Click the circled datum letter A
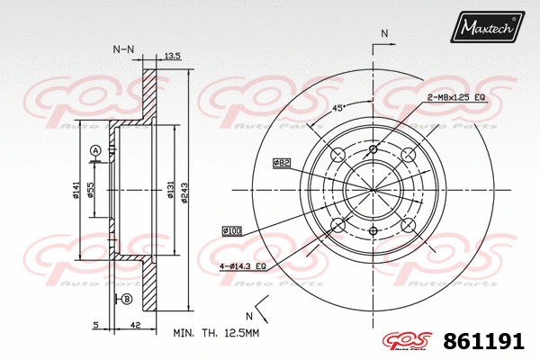pyautogui.click(x=94, y=149)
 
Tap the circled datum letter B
pyautogui.click(x=127, y=298)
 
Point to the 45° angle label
pyautogui.click(x=340, y=108)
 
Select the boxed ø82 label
pyautogui.click(x=282, y=163)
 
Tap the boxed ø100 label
pyautogui.click(x=232, y=231)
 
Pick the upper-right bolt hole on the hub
pyautogui.click(x=408, y=155)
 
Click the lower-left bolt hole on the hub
pyautogui.click(x=339, y=224)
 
